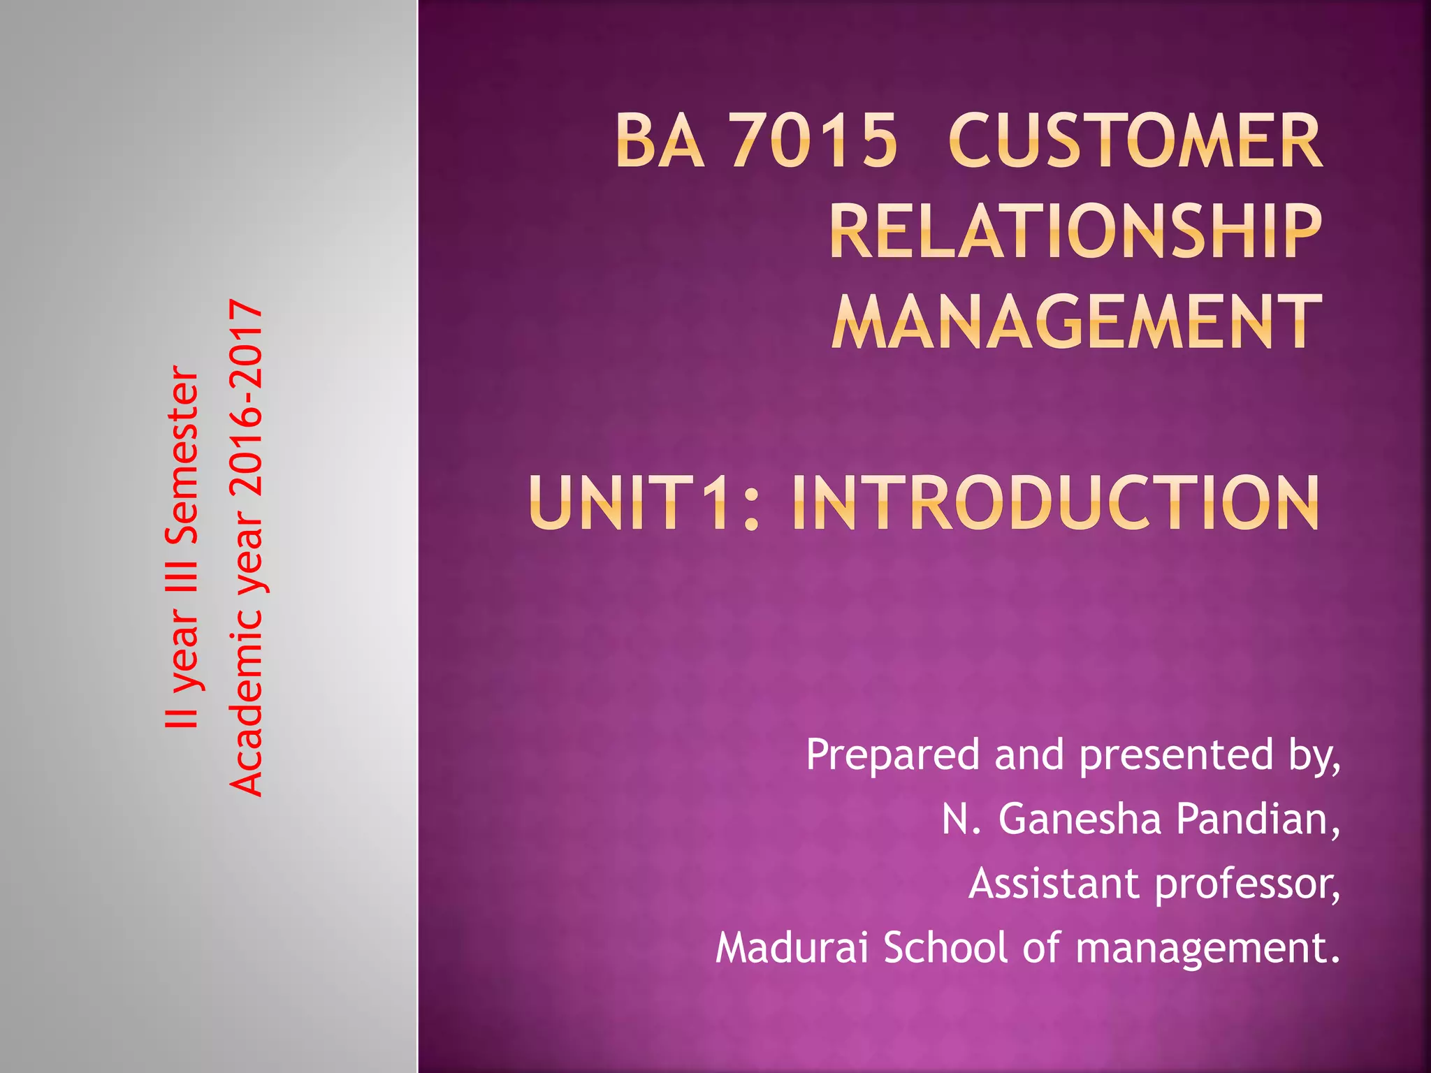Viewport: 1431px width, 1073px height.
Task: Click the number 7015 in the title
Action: click(814, 142)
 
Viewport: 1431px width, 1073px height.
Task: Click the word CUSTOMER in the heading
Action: click(1135, 142)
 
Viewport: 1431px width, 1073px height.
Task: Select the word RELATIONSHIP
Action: click(1076, 231)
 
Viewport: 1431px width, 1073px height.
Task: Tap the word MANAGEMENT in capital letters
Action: click(1077, 322)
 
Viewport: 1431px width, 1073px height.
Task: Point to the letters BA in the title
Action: click(660, 142)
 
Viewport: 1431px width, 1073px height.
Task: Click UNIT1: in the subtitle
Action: click(644, 503)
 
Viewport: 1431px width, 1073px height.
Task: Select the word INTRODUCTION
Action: click(1055, 503)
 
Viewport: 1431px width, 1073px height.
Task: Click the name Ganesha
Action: click(1080, 819)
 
